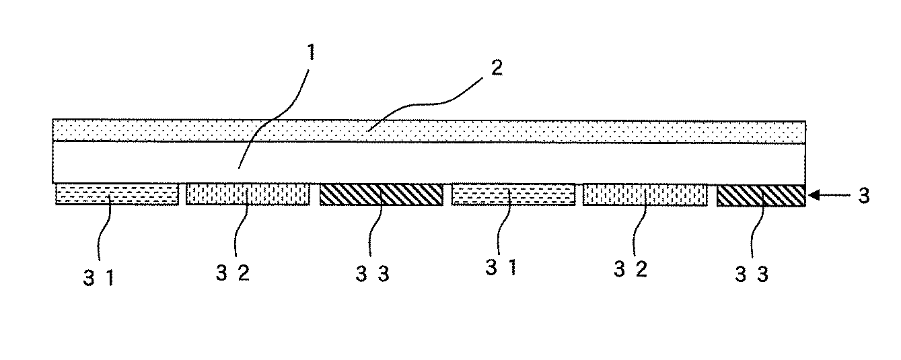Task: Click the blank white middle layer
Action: click(431, 162)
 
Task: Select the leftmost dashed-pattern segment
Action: click(117, 194)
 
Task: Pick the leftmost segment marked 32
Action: click(247, 194)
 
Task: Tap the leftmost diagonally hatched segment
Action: click(381, 194)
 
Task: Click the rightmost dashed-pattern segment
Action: click(513, 194)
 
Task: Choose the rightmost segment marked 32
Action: click(645, 194)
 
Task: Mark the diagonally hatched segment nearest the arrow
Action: click(760, 194)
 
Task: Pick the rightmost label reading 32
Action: click(630, 271)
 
